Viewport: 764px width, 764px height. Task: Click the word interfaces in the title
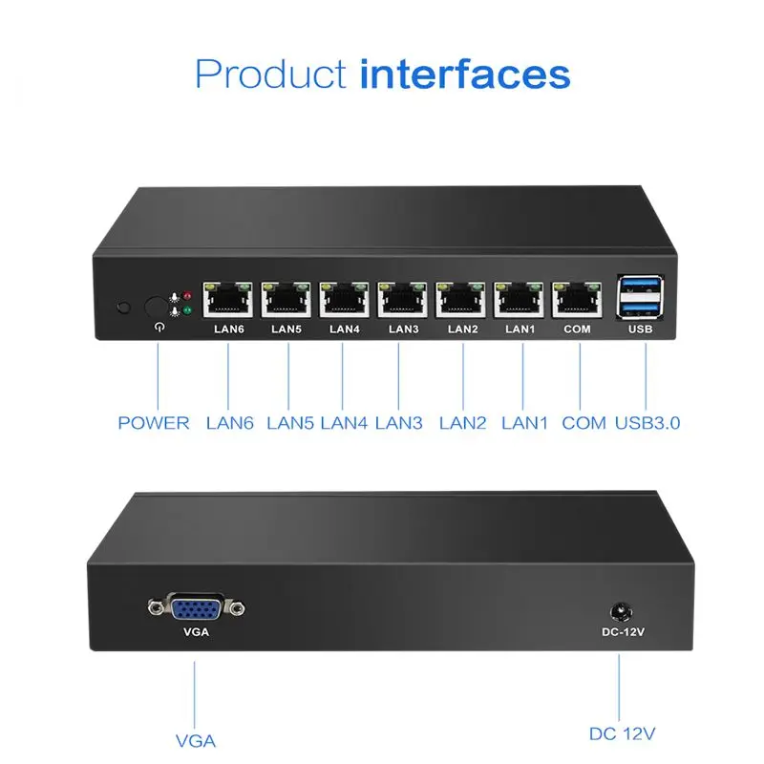pyautogui.click(x=465, y=74)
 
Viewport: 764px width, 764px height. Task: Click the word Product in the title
pyautogui.click(x=270, y=74)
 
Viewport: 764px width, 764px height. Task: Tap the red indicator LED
pyautogui.click(x=187, y=296)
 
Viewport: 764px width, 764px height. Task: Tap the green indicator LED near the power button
pyautogui.click(x=187, y=311)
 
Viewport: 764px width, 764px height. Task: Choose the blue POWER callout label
pyautogui.click(x=154, y=422)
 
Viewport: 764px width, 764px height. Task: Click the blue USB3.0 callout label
pyautogui.click(x=648, y=422)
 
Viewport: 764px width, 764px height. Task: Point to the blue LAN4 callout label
pyautogui.click(x=344, y=422)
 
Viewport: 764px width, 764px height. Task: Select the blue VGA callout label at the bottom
pyautogui.click(x=196, y=740)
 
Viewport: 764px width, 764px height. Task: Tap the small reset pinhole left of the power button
pyautogui.click(x=122, y=308)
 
